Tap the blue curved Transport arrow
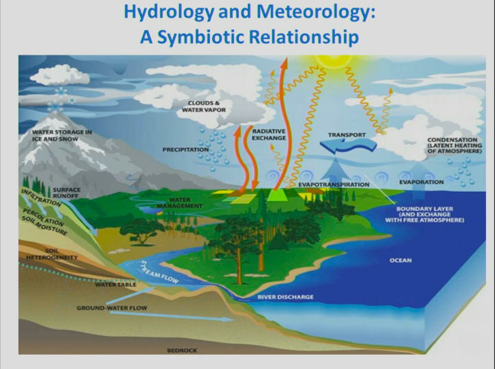[347, 146]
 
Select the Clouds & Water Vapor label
[204, 106]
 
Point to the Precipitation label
[185, 150]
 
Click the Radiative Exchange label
[268, 134]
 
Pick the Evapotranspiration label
[334, 184]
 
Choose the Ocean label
[401, 260]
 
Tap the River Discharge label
[286, 297]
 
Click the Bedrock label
[182, 350]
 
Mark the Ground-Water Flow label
[112, 308]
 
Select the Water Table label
[115, 285]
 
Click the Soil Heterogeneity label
[51, 254]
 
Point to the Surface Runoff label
[67, 193]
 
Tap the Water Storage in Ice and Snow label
[62, 135]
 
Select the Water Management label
[180, 203]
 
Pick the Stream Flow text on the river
[160, 272]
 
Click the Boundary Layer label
[424, 214]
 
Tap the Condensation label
[454, 145]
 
